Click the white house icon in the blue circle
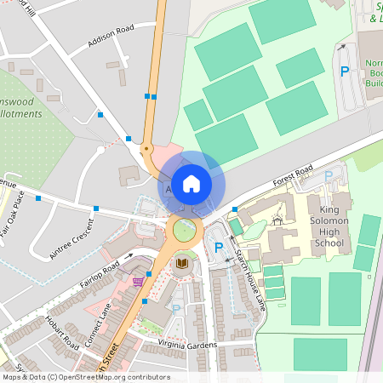click(x=191, y=183)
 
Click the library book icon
click(x=181, y=264)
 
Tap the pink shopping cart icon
click(x=138, y=280)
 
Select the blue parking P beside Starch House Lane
click(x=219, y=247)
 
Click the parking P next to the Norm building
click(x=345, y=71)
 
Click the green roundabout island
click(x=184, y=230)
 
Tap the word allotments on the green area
click(x=21, y=113)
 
